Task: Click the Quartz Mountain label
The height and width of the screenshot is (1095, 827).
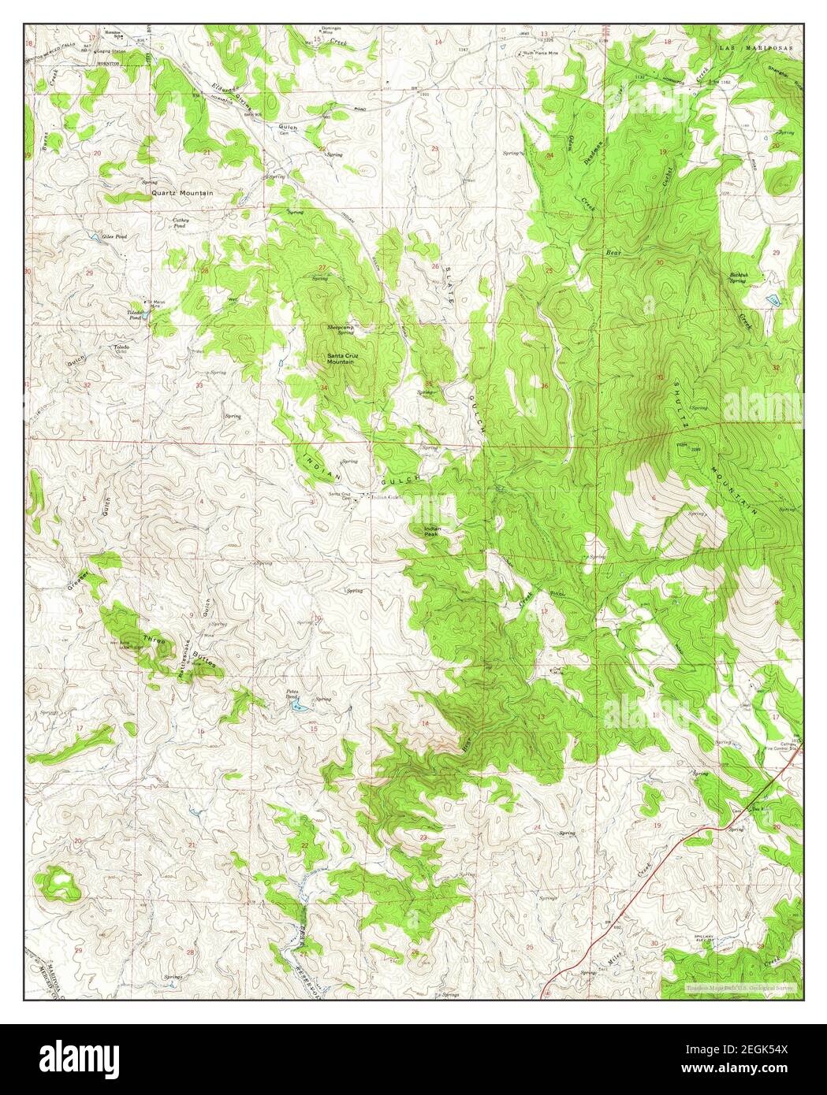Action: (183, 191)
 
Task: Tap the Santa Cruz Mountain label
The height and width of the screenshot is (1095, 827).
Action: (340, 359)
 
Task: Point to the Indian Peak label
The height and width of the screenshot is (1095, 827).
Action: (434, 531)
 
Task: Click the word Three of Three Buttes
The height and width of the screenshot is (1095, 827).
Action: (154, 640)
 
